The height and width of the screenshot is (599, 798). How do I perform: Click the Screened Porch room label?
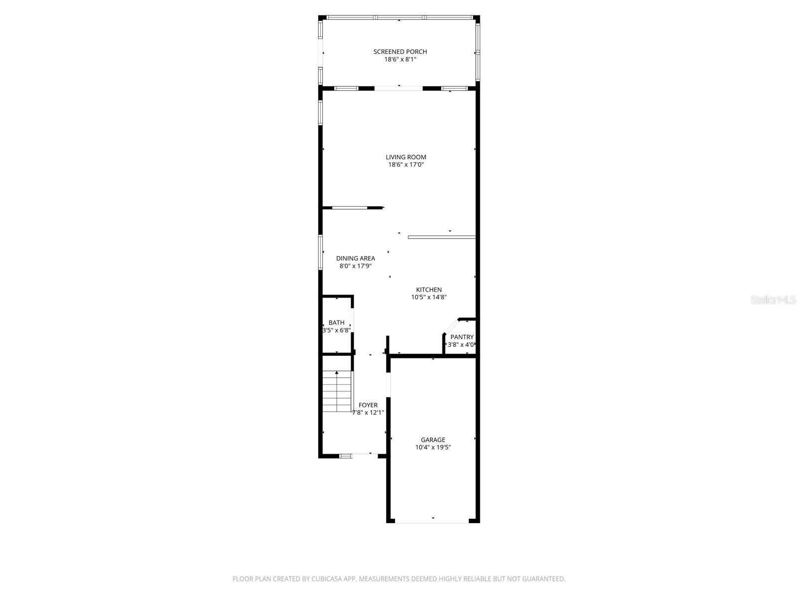pyautogui.click(x=400, y=52)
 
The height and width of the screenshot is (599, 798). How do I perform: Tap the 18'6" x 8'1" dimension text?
pyautogui.click(x=400, y=59)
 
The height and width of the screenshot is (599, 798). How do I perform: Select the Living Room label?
pyautogui.click(x=406, y=157)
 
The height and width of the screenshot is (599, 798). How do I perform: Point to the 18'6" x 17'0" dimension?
pyautogui.click(x=406, y=165)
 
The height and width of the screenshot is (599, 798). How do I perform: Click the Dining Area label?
pyautogui.click(x=356, y=259)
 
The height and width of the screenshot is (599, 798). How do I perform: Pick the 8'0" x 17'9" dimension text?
pyautogui.click(x=356, y=266)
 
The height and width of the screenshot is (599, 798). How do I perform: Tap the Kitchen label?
pyautogui.click(x=429, y=290)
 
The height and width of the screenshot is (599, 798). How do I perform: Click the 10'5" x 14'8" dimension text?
pyautogui.click(x=429, y=298)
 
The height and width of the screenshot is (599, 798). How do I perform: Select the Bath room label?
pyautogui.click(x=337, y=323)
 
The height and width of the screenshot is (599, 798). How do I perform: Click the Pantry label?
pyautogui.click(x=462, y=337)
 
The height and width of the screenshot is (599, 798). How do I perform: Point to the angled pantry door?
pyautogui.click(x=451, y=326)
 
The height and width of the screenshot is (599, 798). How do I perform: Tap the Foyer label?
pyautogui.click(x=368, y=405)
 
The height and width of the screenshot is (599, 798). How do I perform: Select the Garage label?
pyautogui.click(x=433, y=440)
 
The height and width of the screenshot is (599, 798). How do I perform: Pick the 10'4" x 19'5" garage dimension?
pyautogui.click(x=433, y=448)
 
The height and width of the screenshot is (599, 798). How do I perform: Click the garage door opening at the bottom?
pyautogui.click(x=432, y=522)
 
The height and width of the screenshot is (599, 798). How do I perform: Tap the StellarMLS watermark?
pyautogui.click(x=773, y=300)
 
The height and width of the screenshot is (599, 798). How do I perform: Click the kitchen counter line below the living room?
pyautogui.click(x=441, y=237)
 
